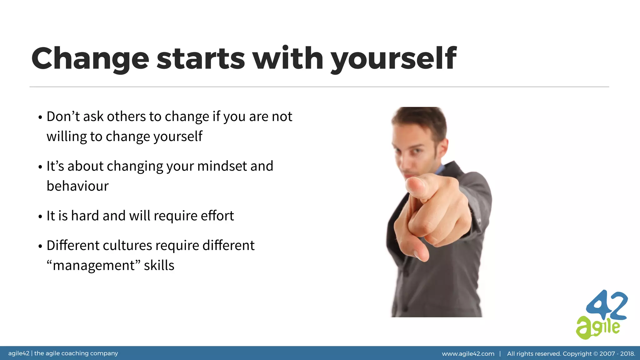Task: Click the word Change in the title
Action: click(x=90, y=59)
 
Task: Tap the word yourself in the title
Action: click(x=394, y=59)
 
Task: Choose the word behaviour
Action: click(x=77, y=186)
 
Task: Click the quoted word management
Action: click(x=94, y=265)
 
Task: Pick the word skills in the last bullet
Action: click(x=159, y=265)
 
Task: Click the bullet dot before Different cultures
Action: click(x=40, y=247)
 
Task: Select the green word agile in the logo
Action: click(x=597, y=328)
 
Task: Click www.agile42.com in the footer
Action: click(x=468, y=354)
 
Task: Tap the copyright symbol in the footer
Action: click(x=595, y=354)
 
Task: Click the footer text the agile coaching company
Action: click(x=76, y=353)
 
